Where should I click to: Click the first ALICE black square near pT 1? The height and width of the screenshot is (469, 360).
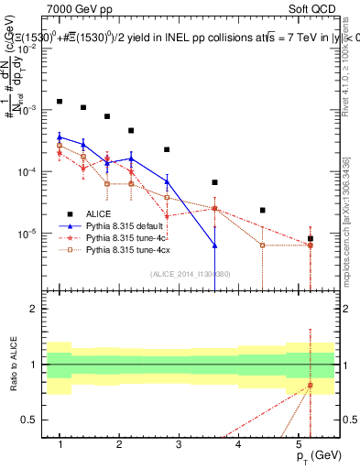(x=60, y=102)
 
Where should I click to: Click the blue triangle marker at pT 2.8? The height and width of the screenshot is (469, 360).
(x=167, y=181)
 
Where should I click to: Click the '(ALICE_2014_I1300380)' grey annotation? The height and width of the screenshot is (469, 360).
(x=191, y=272)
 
